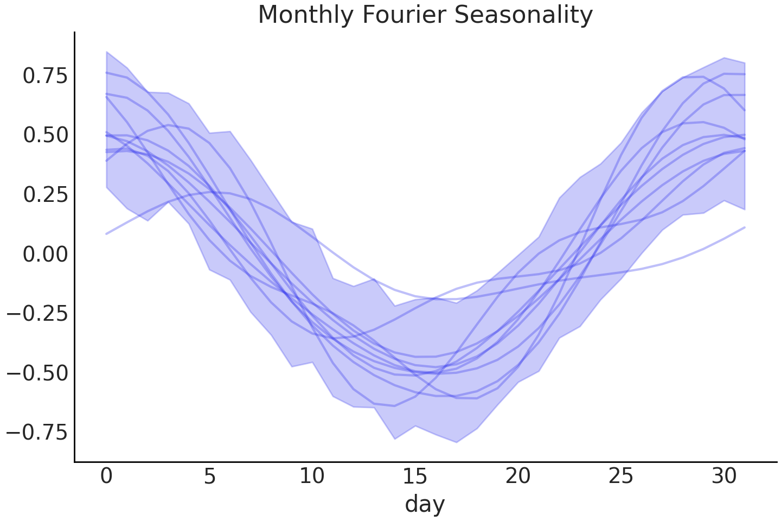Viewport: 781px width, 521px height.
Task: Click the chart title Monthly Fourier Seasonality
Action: pos(425,15)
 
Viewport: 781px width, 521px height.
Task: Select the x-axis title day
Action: pos(425,504)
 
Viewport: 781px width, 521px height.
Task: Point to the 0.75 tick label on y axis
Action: pos(46,75)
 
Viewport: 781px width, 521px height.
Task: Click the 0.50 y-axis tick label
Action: pos(46,135)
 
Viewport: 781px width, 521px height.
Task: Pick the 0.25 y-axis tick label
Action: pos(46,195)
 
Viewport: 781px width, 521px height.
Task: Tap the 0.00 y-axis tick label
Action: pos(46,254)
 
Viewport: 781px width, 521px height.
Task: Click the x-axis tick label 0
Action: pos(106,476)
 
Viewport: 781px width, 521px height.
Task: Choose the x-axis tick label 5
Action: pos(209,476)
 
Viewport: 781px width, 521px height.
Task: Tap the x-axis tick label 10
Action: pos(312,476)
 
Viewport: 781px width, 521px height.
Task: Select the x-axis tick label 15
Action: pos(415,476)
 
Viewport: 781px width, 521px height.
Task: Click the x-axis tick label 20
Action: pos(517,476)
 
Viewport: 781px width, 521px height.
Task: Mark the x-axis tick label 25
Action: pos(620,476)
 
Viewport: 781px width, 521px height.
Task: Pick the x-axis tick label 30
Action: pos(724,476)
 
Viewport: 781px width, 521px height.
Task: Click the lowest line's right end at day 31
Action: pos(745,227)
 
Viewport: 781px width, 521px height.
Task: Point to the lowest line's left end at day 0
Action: pos(106,234)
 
